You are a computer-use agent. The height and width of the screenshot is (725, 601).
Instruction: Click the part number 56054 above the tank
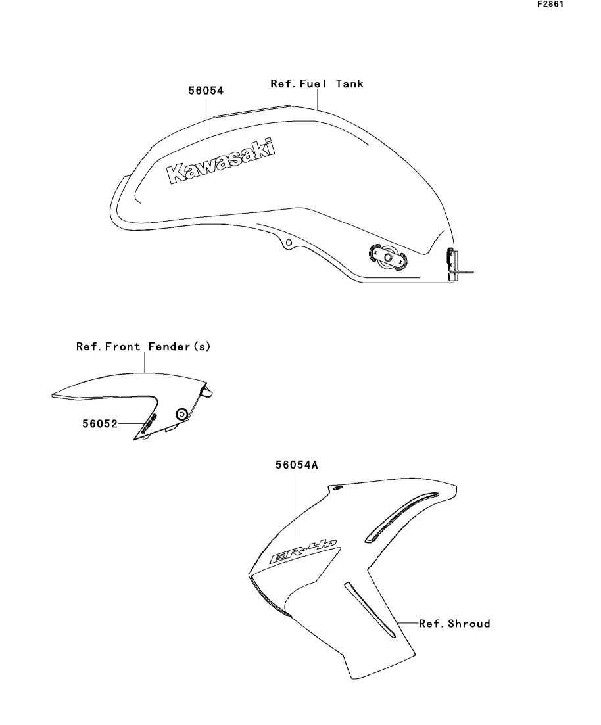point(206,91)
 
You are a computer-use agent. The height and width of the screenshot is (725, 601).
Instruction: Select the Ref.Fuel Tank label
point(317,84)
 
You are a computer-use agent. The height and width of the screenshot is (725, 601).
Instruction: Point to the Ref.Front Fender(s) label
point(143,346)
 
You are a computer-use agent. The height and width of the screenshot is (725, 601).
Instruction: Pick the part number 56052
point(99,424)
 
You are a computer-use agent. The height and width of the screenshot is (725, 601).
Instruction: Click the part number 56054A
point(297,465)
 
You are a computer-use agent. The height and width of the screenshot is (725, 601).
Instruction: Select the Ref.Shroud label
point(454,623)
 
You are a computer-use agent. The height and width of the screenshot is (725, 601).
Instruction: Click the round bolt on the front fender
point(181,413)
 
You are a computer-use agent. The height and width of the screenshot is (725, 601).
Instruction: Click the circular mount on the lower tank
point(389,258)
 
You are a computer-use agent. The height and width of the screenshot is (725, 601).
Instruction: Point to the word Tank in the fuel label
point(350,84)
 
